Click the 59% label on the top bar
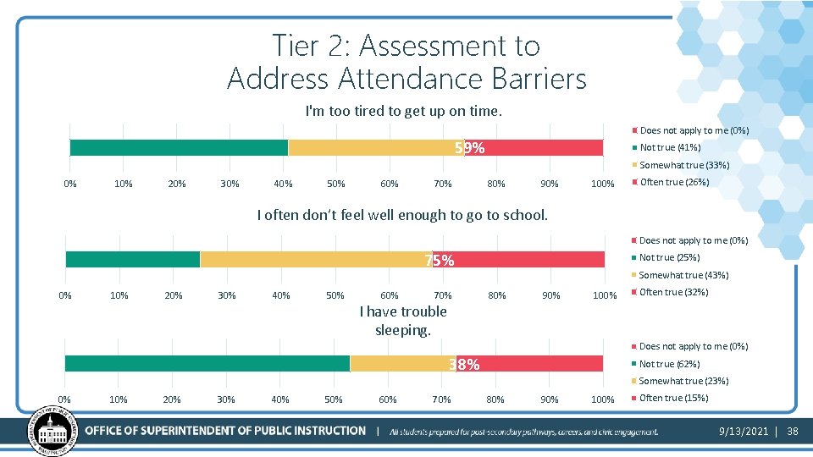pos(469,148)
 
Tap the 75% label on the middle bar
pos(439,261)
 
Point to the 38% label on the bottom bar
pos(464,365)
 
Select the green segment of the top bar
pos(178,148)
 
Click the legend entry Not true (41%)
pos(670,147)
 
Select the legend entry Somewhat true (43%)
pos(683,275)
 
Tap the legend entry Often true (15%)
pos(673,398)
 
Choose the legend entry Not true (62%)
pos(670,364)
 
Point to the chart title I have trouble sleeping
pos(403,320)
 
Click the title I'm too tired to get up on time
pos(403,111)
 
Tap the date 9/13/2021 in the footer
pos(743,432)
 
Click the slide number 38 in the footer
pos(793,432)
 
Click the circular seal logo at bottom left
pos(53,430)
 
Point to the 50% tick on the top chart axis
pos(336,184)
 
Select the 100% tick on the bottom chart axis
pos(602,399)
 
